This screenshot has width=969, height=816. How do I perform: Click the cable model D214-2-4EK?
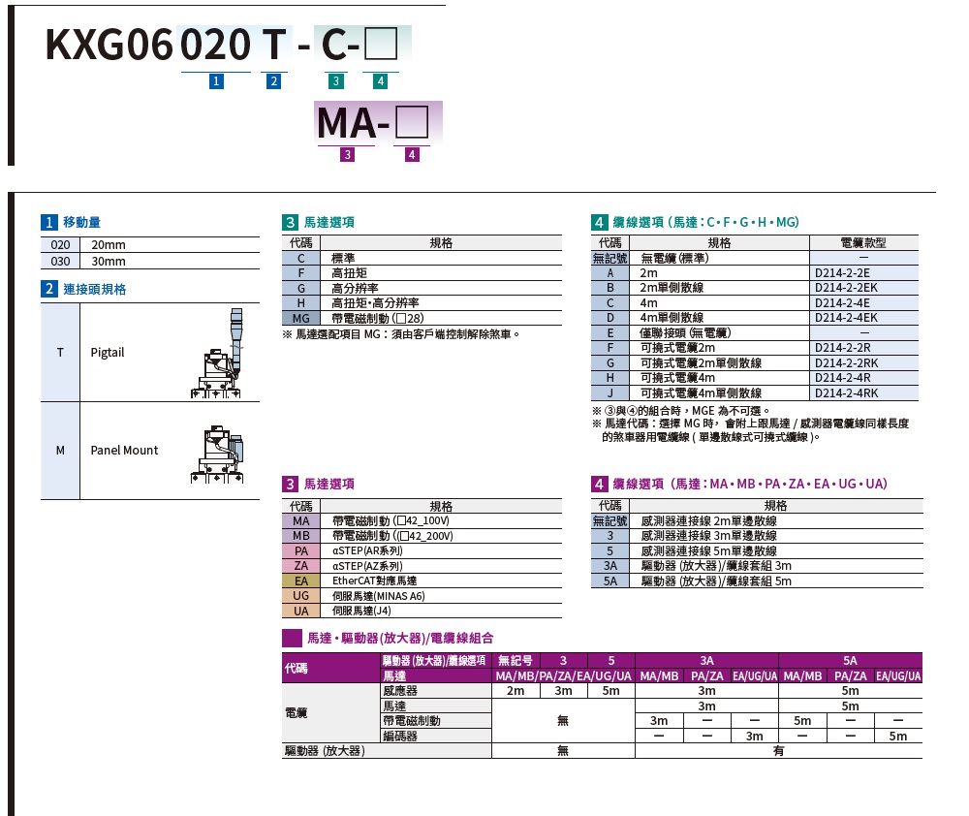tap(846, 318)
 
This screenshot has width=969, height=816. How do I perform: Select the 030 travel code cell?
tap(60, 262)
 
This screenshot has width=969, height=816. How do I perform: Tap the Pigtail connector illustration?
tap(217, 353)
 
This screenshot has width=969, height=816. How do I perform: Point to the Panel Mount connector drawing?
tap(217, 455)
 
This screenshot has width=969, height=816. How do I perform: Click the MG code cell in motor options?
tap(301, 319)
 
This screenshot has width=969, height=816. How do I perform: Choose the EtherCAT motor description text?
tap(374, 581)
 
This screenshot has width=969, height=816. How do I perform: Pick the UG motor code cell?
tap(301, 596)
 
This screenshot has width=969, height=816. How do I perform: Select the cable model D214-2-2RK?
tap(846, 363)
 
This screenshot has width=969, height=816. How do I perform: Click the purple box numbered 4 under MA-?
tap(412, 154)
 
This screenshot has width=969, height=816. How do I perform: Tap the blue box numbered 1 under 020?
tap(216, 81)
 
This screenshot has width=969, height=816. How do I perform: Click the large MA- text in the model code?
tap(353, 123)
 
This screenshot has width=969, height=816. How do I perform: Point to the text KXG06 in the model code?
tap(109, 45)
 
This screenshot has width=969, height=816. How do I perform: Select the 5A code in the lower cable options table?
tap(610, 581)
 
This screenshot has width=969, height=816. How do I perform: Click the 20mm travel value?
tap(109, 245)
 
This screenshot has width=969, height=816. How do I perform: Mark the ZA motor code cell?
tap(301, 566)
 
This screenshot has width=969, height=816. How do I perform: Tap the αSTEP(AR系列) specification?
tap(367, 550)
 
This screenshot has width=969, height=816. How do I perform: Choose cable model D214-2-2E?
tap(842, 272)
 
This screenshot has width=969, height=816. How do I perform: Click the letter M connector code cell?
tap(60, 451)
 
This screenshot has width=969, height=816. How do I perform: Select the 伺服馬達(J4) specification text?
tap(361, 611)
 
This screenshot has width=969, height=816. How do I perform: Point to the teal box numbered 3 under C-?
tap(335, 81)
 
